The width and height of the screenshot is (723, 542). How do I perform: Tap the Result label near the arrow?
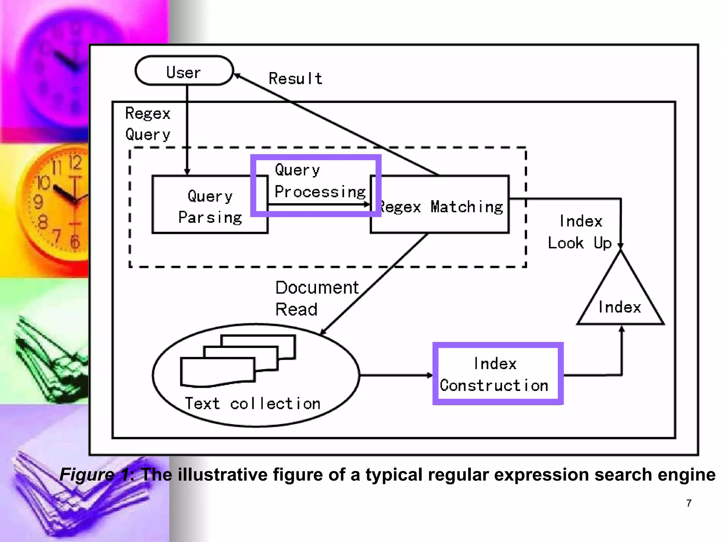pos(295,78)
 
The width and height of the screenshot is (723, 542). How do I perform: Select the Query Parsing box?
pos(210,205)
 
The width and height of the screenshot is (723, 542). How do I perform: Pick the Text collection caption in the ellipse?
pos(252,403)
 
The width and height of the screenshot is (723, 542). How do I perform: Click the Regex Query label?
pos(148,124)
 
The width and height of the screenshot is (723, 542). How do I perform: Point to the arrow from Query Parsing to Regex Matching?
pos(318,204)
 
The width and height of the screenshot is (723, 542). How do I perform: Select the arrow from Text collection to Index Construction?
pos(395,375)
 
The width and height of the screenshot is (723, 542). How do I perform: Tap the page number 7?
pos(689,503)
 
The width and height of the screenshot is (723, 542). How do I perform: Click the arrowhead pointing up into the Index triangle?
pos(622,329)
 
